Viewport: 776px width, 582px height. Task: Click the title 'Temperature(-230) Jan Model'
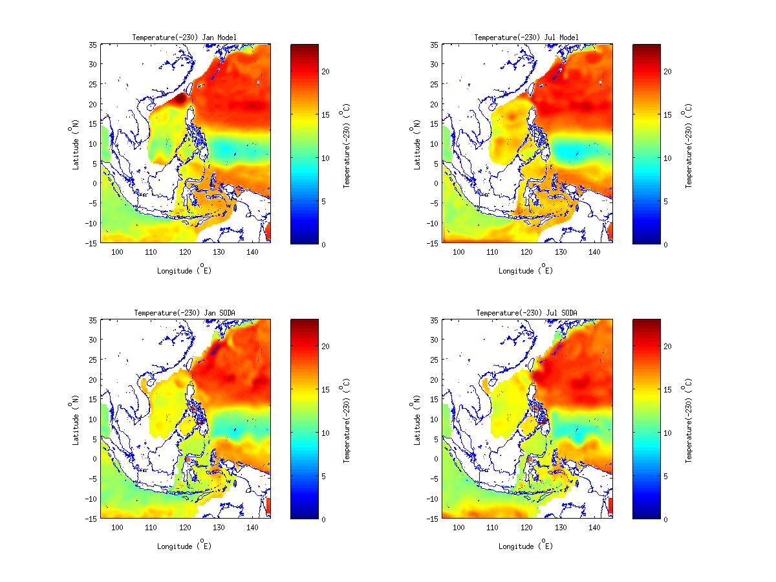[184, 38]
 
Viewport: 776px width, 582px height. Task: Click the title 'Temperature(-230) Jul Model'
[526, 38]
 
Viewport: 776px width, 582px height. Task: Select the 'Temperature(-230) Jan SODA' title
[184, 313]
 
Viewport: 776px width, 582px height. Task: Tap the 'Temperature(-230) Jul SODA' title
[526, 313]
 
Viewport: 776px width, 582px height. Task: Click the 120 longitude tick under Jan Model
[185, 252]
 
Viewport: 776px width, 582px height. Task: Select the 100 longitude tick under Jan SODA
[117, 527]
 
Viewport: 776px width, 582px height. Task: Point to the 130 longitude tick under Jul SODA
[561, 527]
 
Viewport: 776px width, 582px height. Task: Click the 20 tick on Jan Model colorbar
[326, 71]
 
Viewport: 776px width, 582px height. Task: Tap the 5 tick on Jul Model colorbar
[667, 201]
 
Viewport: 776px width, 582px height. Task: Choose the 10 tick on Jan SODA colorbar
[326, 433]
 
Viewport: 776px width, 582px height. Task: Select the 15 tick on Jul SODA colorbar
[667, 389]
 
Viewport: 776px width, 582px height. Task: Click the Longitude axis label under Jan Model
[184, 270]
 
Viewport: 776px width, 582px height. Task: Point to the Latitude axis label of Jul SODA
[417, 421]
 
